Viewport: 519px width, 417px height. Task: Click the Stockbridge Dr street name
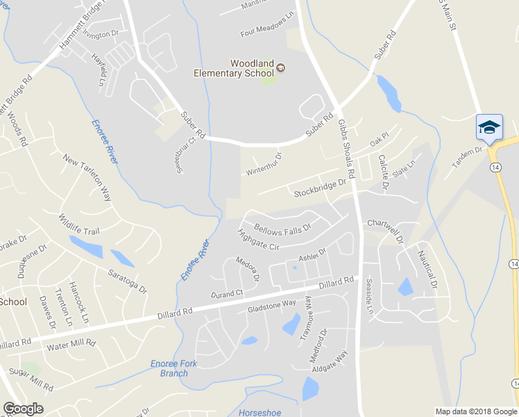point(319,187)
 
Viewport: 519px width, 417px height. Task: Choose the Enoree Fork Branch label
point(173,368)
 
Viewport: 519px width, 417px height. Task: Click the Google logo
point(23,409)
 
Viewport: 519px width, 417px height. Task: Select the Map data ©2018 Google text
point(475,411)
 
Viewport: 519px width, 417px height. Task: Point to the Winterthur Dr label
point(264,164)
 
